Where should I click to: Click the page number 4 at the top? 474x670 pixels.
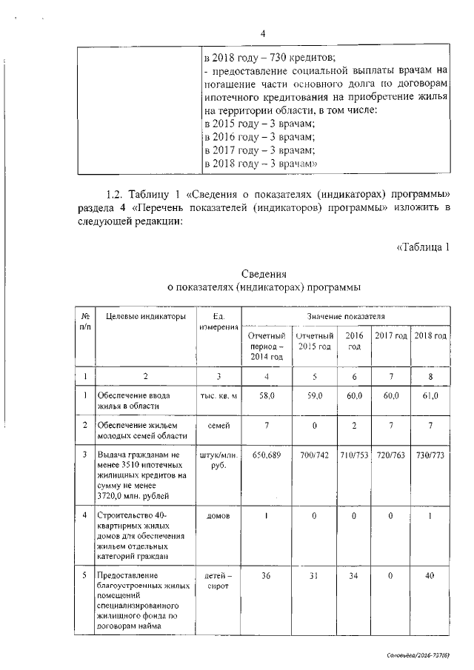pyautogui.click(x=263, y=33)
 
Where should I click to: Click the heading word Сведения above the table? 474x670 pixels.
pyautogui.click(x=263, y=274)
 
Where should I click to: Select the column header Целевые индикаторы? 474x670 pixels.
pyautogui.click(x=147, y=317)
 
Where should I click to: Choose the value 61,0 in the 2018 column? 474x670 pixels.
pyautogui.click(x=430, y=397)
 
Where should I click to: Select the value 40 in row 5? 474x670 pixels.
pyautogui.click(x=430, y=576)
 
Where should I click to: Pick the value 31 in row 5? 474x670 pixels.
pyautogui.click(x=315, y=576)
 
